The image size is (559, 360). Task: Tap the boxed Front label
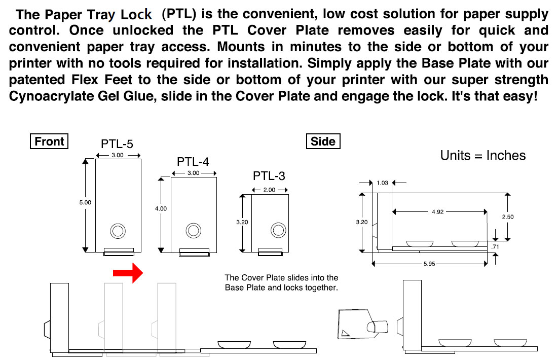pyautogui.click(x=49, y=141)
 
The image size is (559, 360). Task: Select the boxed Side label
pyautogui.click(x=323, y=141)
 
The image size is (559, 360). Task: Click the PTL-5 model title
pyautogui.click(x=117, y=145)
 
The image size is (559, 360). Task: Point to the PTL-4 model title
pyautogui.click(x=193, y=162)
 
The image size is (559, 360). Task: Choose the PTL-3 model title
pyautogui.click(x=269, y=176)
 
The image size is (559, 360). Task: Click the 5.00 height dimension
pyautogui.click(x=85, y=202)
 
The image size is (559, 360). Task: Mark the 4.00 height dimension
pyautogui.click(x=161, y=208)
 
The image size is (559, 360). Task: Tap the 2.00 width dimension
pyautogui.click(x=270, y=190)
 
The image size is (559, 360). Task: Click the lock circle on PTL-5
pyautogui.click(x=118, y=231)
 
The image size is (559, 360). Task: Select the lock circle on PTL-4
pyautogui.click(x=193, y=231)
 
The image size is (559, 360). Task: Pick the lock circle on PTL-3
pyautogui.click(x=277, y=229)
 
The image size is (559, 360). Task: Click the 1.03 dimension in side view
pyautogui.click(x=383, y=183)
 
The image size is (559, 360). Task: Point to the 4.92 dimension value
pyautogui.click(x=437, y=212)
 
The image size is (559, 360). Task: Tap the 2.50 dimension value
pyautogui.click(x=507, y=217)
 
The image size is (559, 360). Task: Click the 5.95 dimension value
pyautogui.click(x=429, y=264)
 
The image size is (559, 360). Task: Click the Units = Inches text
pyautogui.click(x=483, y=156)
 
